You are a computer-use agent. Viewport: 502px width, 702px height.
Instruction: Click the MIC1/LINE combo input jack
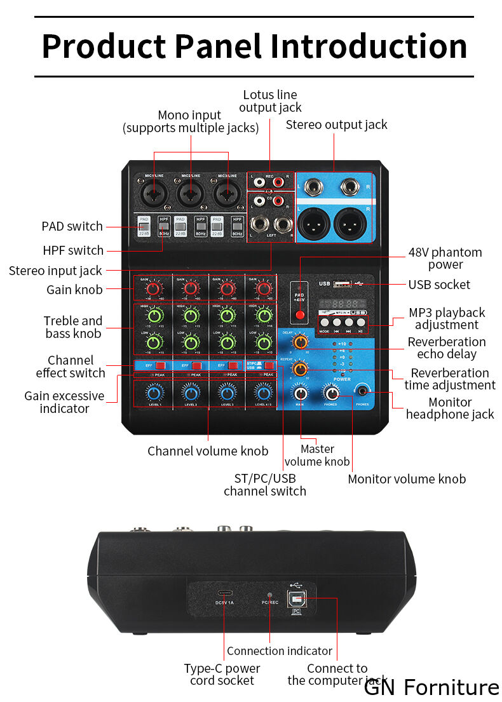pyautogui.click(x=154, y=192)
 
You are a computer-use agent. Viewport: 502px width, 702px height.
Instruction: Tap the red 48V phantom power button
pyautogui.click(x=300, y=314)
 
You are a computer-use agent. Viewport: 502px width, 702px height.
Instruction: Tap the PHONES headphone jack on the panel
pyautogui.click(x=363, y=391)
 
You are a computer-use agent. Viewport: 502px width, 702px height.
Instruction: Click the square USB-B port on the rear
pyautogui.click(x=296, y=597)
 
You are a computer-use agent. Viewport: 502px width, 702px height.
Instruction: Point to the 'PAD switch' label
pyautogui.click(x=72, y=226)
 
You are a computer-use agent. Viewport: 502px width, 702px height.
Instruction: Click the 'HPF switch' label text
pyautogui.click(x=73, y=250)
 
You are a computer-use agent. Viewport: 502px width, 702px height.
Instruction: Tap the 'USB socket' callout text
pyautogui.click(x=439, y=285)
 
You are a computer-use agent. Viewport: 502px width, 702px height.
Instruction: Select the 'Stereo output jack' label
pyautogui.click(x=336, y=125)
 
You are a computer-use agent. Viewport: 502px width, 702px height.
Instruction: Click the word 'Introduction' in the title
pyautogui.click(x=369, y=46)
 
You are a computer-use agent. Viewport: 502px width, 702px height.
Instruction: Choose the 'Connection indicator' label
pyautogui.click(x=279, y=651)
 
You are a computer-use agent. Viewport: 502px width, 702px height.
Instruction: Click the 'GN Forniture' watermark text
pyautogui.click(x=431, y=688)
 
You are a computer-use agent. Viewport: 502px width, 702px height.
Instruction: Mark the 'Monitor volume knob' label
pyautogui.click(x=407, y=479)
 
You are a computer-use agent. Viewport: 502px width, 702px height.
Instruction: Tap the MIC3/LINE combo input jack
pyautogui.click(x=227, y=192)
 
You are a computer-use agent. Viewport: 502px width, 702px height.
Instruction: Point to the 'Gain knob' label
pyautogui.click(x=74, y=290)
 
